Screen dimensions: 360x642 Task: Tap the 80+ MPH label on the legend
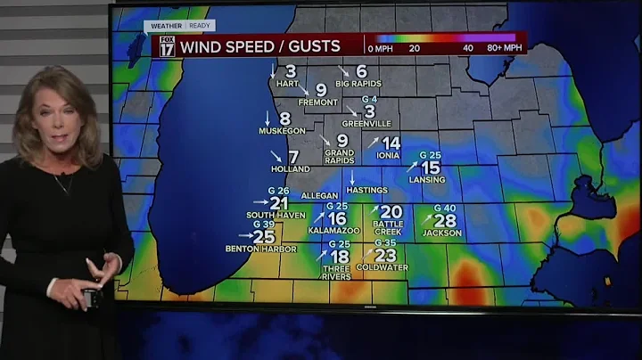(503, 49)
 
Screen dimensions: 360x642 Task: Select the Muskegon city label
(282, 131)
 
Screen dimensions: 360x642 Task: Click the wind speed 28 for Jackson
(445, 220)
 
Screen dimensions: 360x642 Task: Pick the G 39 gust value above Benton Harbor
(263, 225)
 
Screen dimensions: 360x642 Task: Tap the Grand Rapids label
(340, 156)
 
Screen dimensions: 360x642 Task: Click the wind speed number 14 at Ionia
(391, 143)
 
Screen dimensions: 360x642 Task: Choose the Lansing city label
(429, 180)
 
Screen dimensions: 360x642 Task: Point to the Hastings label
(366, 190)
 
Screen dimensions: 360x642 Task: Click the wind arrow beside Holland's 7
(276, 157)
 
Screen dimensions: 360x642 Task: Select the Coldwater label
(382, 267)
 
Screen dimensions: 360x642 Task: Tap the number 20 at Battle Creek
(391, 212)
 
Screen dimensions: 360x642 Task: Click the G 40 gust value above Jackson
(444, 208)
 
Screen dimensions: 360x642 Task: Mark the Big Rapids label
(358, 84)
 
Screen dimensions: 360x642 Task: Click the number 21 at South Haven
(278, 203)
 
